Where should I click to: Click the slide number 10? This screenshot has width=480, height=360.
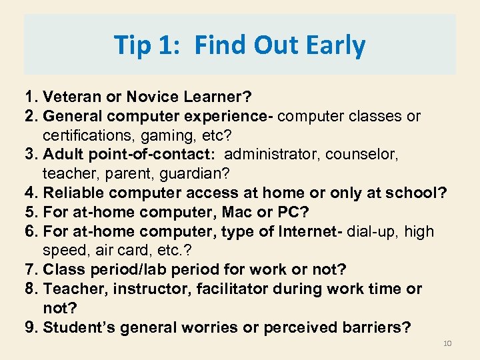tap(447, 343)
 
